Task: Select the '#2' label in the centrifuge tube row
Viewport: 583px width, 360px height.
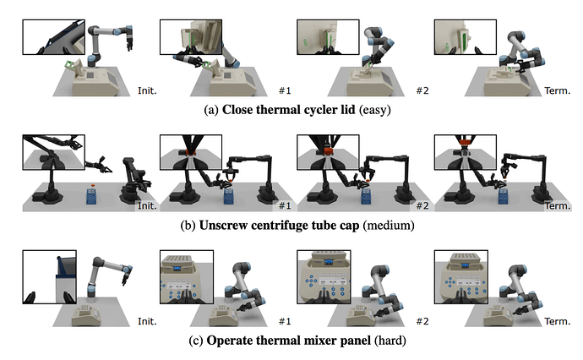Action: coord(419,206)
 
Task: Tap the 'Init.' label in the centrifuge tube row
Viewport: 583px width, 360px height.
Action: coord(146,206)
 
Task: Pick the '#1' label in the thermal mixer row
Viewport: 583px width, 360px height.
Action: coord(285,322)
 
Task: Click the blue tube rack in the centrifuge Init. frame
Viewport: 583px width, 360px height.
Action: coord(92,196)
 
